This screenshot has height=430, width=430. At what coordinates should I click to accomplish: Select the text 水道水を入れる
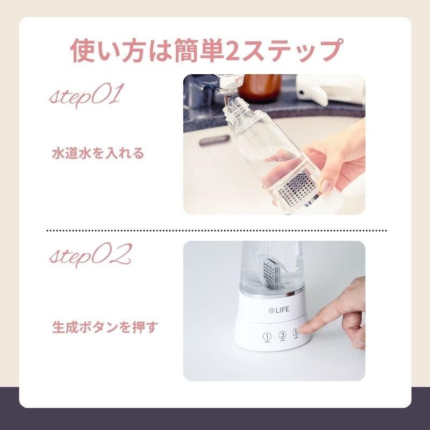click(x=97, y=153)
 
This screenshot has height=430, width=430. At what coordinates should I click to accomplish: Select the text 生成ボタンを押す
click(x=104, y=326)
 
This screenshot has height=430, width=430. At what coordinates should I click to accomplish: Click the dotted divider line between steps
click(x=215, y=230)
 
